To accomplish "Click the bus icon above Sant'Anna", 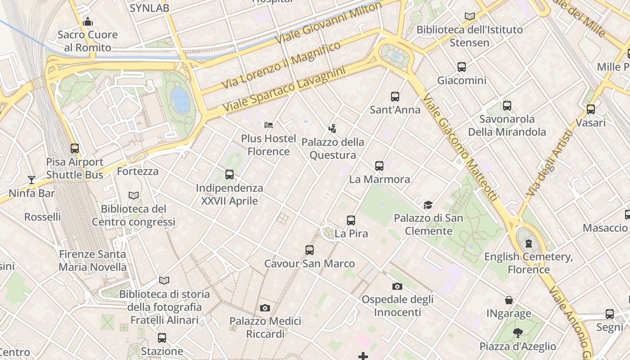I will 395,96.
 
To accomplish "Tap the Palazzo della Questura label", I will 333,148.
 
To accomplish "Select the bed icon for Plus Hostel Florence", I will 269,125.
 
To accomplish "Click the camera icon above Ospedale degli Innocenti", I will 397,286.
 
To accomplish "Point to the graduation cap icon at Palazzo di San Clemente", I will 428,205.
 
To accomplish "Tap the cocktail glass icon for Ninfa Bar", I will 31,180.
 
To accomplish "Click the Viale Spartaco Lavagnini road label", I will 283,90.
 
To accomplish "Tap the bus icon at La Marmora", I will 379,166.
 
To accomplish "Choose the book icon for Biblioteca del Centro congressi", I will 134,195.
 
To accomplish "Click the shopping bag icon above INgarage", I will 509,300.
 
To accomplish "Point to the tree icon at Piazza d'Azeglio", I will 518,333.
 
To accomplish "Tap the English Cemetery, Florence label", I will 528,263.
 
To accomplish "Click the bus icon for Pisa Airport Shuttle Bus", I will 75,148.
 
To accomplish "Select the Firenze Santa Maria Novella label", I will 93,261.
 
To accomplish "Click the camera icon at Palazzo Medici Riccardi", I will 265,308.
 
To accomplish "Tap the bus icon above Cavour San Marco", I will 310,250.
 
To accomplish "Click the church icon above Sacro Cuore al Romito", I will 88,22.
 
